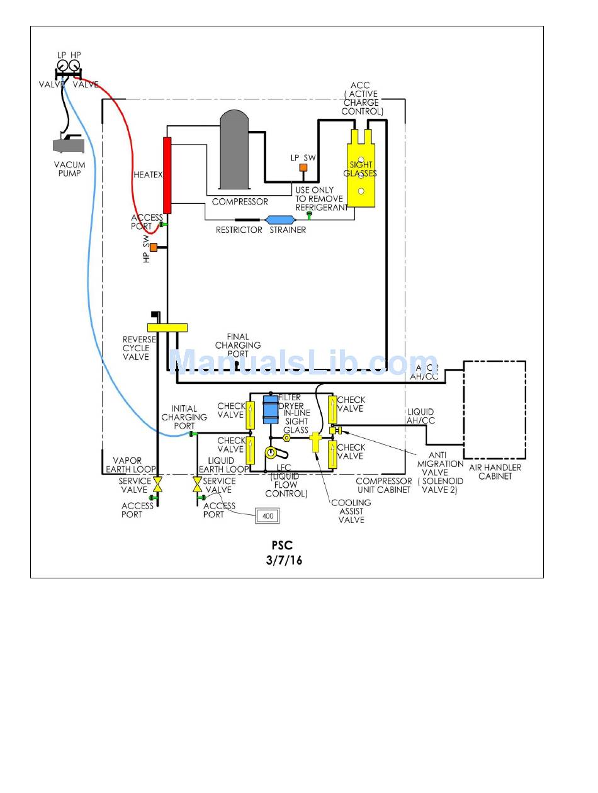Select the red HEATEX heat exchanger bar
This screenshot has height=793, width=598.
click(x=167, y=175)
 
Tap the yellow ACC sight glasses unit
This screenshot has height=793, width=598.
click(x=361, y=169)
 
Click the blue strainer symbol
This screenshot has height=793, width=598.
click(x=278, y=220)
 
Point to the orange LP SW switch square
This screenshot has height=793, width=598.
click(x=303, y=167)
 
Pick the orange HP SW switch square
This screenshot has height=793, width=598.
click(x=153, y=247)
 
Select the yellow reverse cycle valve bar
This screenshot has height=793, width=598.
click(x=167, y=327)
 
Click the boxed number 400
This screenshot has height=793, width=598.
click(x=266, y=516)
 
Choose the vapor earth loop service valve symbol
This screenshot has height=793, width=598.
click(x=158, y=485)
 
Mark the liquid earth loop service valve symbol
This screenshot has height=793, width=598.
click(x=197, y=485)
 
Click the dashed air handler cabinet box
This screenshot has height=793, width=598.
click(x=494, y=410)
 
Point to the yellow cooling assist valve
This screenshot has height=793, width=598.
click(x=316, y=442)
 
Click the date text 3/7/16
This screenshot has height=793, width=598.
click(x=284, y=560)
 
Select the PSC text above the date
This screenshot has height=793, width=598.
click(x=282, y=546)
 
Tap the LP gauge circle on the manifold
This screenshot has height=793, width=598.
click(x=62, y=64)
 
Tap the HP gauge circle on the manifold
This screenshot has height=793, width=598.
click(x=74, y=64)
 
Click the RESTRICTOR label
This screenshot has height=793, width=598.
click(x=239, y=230)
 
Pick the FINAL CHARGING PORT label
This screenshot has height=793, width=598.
click(x=238, y=345)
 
